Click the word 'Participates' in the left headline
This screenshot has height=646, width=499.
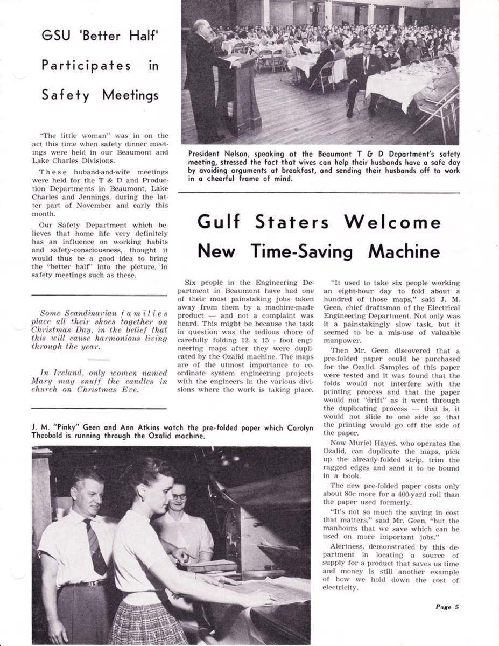[86, 66]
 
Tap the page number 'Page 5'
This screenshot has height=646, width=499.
[447, 607]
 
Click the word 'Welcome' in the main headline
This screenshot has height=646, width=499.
[392, 222]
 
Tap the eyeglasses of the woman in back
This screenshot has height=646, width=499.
[179, 496]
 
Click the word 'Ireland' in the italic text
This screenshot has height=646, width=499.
[66, 373]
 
